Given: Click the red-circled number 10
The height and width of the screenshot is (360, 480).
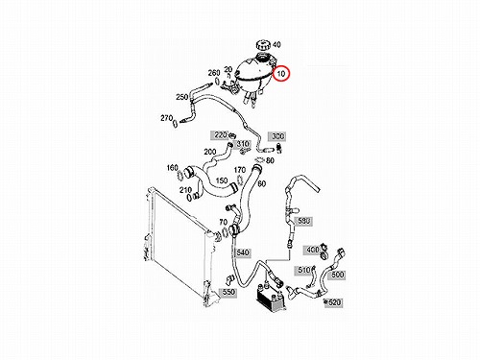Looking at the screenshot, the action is coord(281,74).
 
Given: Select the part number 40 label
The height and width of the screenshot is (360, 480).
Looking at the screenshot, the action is coord(276,44).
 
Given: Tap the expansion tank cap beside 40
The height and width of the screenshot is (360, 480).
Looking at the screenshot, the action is coord(263,45).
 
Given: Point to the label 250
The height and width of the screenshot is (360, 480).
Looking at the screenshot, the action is coord(181,97).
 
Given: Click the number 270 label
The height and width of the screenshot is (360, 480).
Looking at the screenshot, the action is coord(166,118).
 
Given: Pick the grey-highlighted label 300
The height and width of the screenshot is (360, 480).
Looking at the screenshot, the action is coord(277,136).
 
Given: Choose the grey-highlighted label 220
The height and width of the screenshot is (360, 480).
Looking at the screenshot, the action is coord(221,135).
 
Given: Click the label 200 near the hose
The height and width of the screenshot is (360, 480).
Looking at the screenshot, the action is coord(210,152).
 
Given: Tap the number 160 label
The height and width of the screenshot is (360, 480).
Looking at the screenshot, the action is coord(173,168).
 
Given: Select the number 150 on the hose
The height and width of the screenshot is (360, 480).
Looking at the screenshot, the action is coord(222,180).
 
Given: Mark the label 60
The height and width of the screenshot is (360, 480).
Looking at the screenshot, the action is coord(261,183).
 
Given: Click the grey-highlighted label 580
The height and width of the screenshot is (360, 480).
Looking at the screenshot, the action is coord(304,221).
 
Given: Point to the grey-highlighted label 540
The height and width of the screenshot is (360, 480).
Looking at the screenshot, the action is coord(242,252).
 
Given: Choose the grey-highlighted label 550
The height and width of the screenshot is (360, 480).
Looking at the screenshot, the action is coord(228,292).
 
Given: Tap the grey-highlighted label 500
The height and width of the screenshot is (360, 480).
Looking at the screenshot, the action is coord(337,275).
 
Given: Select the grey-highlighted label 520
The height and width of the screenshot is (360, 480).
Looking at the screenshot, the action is coord(333,302).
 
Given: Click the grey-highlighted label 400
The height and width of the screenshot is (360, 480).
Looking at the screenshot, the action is coord(312,250).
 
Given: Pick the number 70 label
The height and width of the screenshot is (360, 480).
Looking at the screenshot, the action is coord(223,222).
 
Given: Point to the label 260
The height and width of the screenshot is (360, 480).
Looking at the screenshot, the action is coord(214,73).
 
